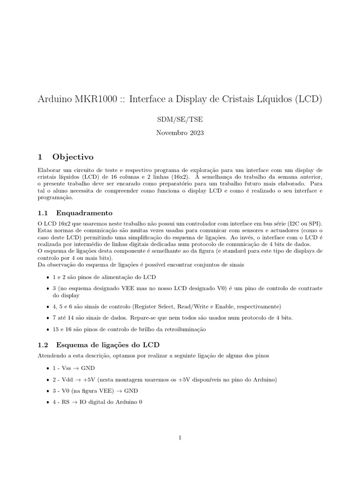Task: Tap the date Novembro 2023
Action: [x=180, y=133]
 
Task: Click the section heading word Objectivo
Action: [x=73, y=157]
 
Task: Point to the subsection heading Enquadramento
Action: [x=84, y=212]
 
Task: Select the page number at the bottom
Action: [x=180, y=438]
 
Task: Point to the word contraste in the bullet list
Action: [x=307, y=288]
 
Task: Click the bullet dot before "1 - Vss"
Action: [x=49, y=368]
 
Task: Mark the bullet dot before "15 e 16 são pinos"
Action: [x=49, y=330]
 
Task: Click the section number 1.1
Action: [x=43, y=212]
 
